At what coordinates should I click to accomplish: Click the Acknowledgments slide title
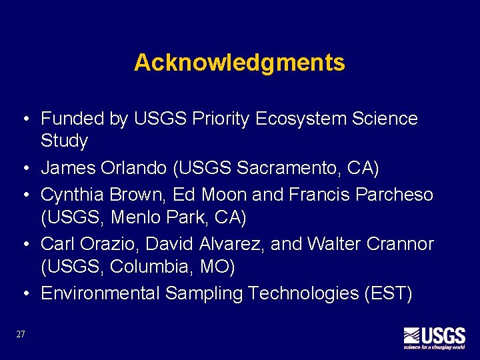[x=239, y=63]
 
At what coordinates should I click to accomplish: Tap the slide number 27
[x=21, y=334]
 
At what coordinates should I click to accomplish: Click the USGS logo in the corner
[x=434, y=337]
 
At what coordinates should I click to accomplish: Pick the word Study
[x=64, y=141]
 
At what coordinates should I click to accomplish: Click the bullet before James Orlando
[x=24, y=169]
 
